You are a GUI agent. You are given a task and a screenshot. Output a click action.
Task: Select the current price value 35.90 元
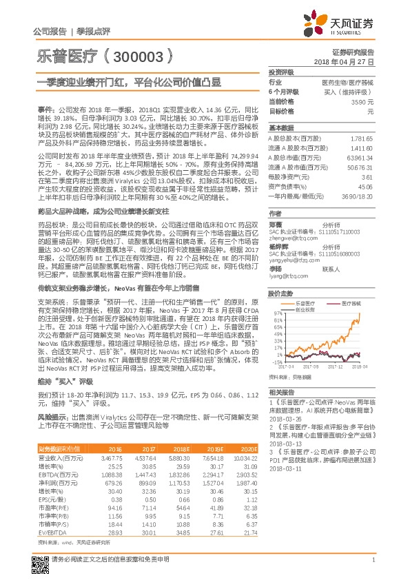tap(362, 101)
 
